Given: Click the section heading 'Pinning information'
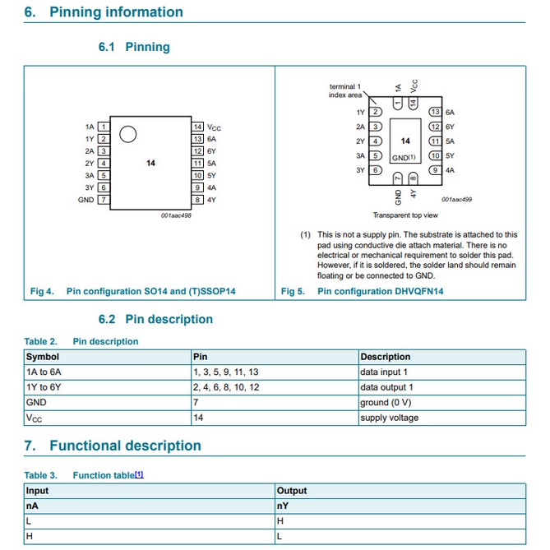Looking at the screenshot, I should tap(116, 12).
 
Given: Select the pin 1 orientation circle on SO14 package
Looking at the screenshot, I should tap(127, 135).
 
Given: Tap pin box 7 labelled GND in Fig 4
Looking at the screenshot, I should tap(104, 200).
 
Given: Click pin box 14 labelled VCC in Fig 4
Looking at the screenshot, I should tap(198, 127).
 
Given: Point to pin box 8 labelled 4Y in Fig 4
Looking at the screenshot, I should tap(198, 200).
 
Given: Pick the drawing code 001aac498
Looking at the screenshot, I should tap(176, 215).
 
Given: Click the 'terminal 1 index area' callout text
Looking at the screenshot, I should tap(345, 90).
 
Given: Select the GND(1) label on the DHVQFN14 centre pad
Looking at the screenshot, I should tap(404, 156).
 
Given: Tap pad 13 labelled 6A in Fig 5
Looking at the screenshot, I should tap(436, 112).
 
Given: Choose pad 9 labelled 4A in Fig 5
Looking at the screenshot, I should tap(436, 170).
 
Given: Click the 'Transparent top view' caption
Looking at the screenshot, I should tap(405, 215).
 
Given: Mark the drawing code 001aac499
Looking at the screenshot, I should tap(457, 200).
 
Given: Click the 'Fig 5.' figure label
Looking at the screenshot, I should tap(293, 291).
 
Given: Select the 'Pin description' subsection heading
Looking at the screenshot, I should tap(169, 319).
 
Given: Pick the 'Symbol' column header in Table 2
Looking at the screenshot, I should tap(43, 357).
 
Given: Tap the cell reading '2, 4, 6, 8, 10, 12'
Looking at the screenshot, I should tap(226, 387).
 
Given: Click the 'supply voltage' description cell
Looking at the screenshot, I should tap(389, 418).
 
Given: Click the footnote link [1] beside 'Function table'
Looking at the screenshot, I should tap(139, 474).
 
